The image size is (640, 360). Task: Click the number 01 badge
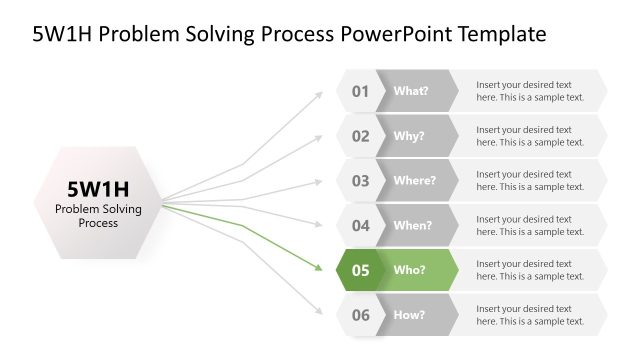359,91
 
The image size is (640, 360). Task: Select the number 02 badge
359,136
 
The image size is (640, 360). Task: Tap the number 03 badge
359,181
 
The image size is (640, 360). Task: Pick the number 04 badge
359,225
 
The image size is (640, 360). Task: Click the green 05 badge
359,270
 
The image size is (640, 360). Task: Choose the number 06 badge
359,315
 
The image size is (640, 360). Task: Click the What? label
411,91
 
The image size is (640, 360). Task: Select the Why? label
409,136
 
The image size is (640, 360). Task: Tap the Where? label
414,181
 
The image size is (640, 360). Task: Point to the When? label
413,225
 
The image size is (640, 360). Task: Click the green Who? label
409,270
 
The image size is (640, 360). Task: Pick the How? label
409,315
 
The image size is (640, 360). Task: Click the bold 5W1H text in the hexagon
98,188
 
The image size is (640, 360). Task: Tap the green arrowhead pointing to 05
319,269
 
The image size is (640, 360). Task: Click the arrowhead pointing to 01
319,93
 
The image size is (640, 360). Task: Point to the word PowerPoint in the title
399,34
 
